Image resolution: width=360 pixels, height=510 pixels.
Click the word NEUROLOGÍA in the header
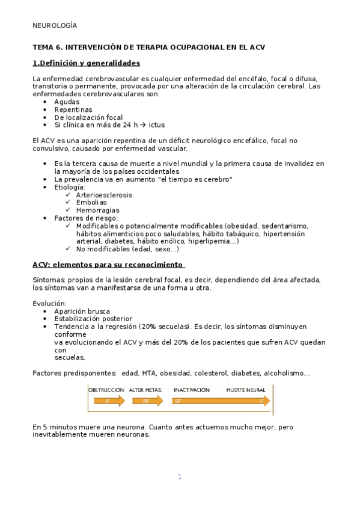click(55, 25)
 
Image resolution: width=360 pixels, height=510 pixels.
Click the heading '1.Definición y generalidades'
click(86, 63)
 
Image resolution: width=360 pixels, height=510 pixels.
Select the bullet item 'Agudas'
click(67, 102)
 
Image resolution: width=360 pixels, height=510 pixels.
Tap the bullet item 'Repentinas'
click(73, 109)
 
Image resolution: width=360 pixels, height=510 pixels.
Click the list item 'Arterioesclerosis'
click(104, 195)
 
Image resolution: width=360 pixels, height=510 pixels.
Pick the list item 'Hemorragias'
click(97, 210)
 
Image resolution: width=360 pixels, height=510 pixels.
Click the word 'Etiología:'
click(70, 187)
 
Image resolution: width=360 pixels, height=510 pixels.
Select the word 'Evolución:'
click(50, 303)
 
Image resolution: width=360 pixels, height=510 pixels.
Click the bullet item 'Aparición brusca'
click(82, 311)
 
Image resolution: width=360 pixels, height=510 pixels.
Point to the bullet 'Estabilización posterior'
click(93, 319)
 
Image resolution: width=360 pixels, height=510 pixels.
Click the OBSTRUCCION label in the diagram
click(106, 390)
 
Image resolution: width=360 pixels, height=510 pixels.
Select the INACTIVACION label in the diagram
click(191, 390)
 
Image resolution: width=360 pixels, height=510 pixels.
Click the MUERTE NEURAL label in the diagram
click(246, 390)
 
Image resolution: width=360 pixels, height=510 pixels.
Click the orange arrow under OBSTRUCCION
click(106, 401)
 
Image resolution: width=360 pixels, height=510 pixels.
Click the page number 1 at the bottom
click(179, 477)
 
